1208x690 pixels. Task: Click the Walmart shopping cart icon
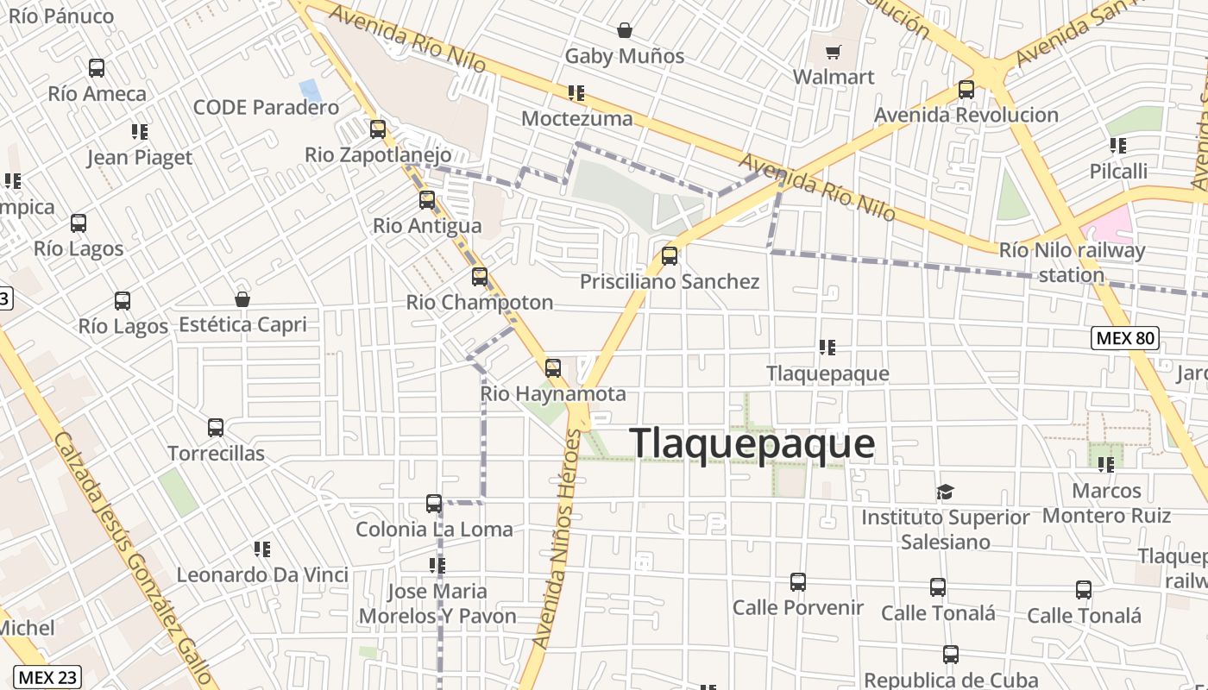833,53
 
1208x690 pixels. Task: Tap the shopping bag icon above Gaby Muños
625,31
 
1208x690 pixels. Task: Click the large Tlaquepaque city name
752,444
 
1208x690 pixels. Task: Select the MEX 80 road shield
1125,338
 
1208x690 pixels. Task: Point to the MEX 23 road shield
47,677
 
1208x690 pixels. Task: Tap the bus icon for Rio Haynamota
553,368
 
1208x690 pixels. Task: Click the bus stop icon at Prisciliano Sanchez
670,256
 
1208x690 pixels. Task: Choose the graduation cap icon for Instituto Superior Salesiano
945,492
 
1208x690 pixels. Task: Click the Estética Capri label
242,324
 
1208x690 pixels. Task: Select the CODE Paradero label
266,108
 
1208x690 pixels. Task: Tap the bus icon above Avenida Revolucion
966,90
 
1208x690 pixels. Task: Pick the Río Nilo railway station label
1072,262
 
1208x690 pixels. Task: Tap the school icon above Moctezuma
576,93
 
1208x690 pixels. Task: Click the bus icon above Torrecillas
216,428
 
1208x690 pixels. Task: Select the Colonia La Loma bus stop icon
434,504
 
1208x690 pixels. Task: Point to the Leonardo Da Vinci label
262,574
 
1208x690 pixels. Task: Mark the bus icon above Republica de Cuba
950,655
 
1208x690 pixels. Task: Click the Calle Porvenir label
797,607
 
